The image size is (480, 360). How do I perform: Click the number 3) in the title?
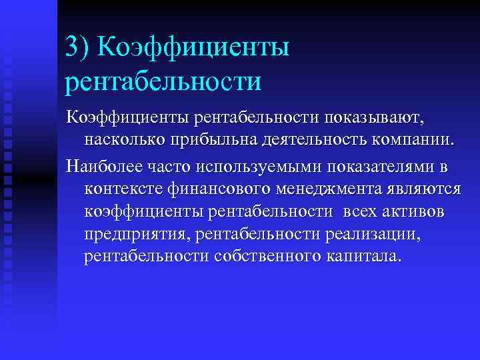79,47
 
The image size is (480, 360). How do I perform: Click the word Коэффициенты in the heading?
193,47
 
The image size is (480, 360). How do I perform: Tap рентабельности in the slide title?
163,82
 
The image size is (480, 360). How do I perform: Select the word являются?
422,188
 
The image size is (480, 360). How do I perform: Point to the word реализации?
381,235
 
